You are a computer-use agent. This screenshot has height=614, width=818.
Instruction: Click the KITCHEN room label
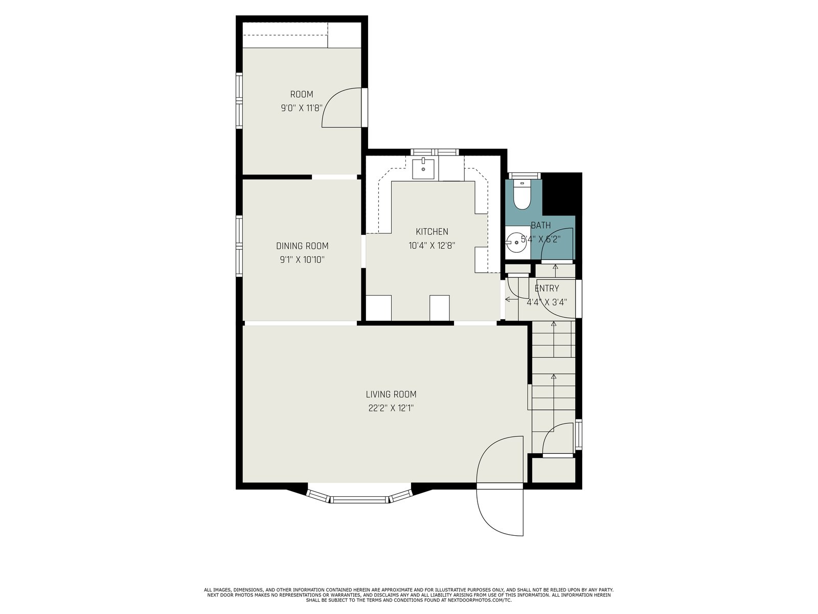(431, 231)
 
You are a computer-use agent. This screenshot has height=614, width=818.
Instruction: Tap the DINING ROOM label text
(302, 246)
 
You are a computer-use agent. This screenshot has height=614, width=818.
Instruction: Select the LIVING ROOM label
(391, 394)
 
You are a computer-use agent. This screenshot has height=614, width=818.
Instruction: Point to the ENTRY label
(547, 288)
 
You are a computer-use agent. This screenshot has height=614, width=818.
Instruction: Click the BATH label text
(541, 225)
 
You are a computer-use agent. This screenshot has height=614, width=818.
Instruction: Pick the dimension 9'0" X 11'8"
(302, 108)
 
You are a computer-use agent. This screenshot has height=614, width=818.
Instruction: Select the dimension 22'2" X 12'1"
(391, 408)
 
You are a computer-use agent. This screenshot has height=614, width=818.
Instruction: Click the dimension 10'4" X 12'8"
(432, 246)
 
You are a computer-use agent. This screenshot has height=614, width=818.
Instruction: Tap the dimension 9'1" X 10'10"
(302, 260)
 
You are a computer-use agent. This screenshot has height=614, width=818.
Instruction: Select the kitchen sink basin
(423, 168)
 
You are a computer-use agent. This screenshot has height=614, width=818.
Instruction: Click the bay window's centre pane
(359, 499)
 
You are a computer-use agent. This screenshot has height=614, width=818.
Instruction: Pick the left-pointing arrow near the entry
(511, 299)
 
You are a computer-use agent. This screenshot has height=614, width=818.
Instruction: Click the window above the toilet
(525, 176)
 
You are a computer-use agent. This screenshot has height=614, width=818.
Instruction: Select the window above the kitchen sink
(435, 152)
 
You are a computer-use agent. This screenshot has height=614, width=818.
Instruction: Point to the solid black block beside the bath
(561, 194)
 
